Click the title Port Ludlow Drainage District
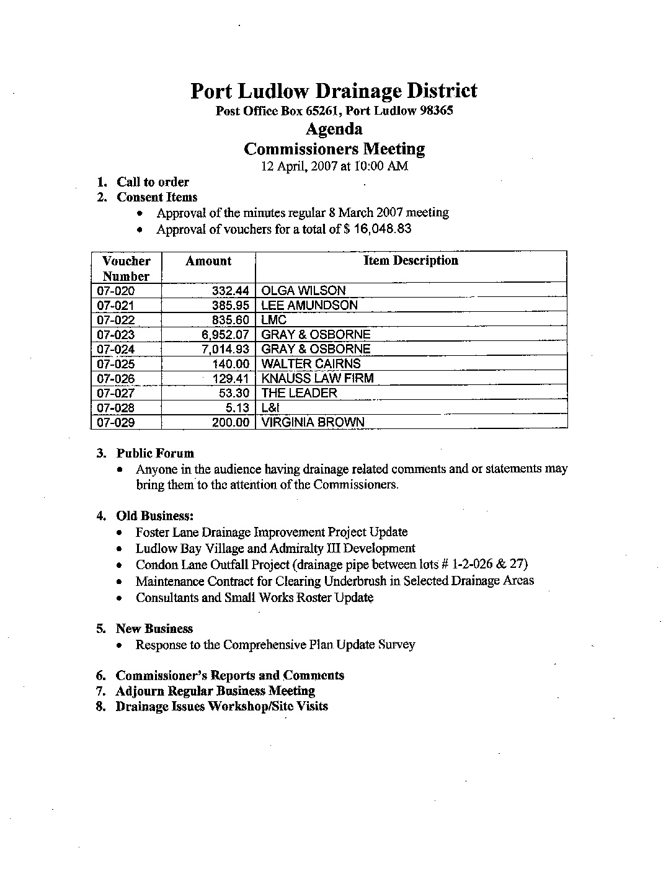(334, 91)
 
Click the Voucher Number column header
(126, 268)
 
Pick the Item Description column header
(411, 261)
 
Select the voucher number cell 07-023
(116, 335)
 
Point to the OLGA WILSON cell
(303, 290)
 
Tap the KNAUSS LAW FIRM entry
(318, 378)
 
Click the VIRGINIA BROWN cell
(313, 422)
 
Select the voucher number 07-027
(116, 393)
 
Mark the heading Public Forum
(155, 453)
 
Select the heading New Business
(154, 629)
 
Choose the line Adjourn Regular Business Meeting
(215, 691)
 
